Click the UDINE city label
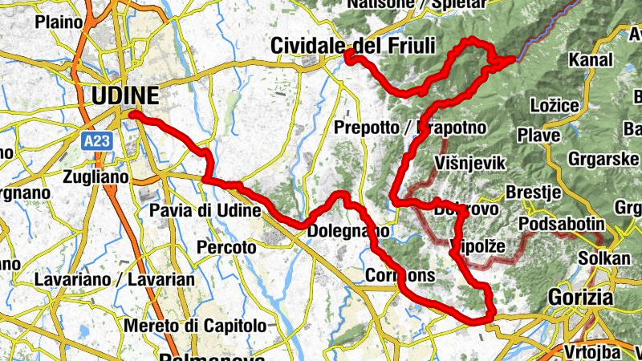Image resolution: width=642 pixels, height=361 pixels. point(125,96)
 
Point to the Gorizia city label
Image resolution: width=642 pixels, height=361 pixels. point(581,297)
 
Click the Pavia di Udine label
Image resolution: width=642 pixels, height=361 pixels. point(205,212)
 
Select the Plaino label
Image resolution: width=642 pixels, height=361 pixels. point(59,22)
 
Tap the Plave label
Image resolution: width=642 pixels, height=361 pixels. point(538,136)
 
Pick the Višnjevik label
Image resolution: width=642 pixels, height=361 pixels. point(469,164)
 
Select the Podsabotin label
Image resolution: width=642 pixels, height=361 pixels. point(560,223)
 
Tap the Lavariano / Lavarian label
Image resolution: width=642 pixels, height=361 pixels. point(115,280)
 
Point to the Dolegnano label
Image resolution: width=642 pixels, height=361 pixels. point(348,231)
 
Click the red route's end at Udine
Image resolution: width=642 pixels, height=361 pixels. point(132,115)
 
